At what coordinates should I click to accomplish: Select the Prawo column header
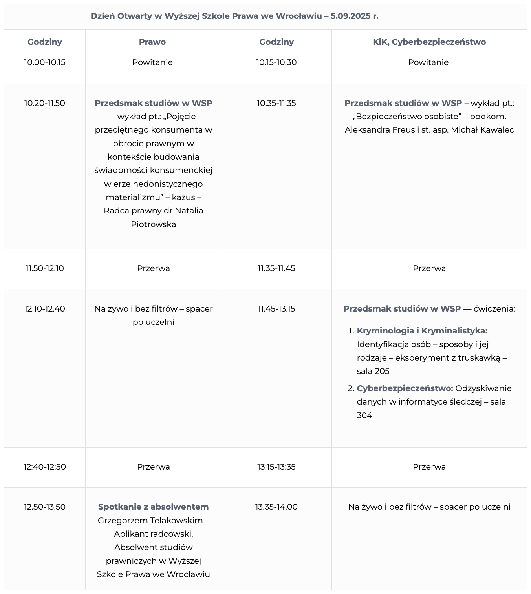152,42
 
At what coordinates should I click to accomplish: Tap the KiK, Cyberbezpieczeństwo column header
429,42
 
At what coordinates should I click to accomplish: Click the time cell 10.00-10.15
45,62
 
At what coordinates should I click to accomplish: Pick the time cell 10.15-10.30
276,62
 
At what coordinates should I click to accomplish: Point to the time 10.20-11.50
45,103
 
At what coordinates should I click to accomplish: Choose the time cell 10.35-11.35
276,103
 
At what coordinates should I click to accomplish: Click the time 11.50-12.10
45,268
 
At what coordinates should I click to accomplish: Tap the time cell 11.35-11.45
276,268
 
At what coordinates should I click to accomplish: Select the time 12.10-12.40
45,309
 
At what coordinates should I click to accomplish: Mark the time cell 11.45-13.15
276,309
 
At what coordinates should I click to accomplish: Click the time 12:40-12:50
45,467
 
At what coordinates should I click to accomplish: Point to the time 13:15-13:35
276,467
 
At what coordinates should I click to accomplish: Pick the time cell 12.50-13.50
45,507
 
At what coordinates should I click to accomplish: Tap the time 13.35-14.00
276,507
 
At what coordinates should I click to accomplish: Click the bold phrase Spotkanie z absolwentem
153,507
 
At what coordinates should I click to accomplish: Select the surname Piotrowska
153,224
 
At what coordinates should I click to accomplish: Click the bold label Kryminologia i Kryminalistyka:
422,331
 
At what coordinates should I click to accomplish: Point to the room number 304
364,415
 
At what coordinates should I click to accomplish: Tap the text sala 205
373,371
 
